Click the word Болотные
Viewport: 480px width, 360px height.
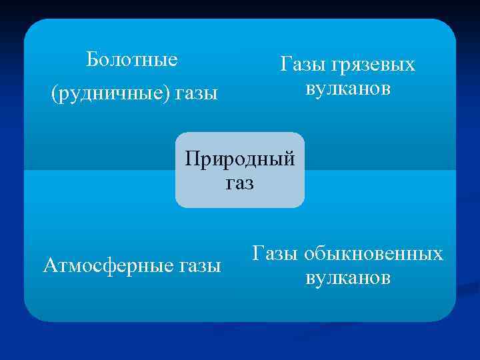(x=132, y=60)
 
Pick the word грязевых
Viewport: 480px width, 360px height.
(x=375, y=66)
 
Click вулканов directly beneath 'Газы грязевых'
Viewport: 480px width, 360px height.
(x=348, y=89)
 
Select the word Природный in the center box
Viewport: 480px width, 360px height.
(x=239, y=160)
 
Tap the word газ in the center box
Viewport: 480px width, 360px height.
(x=240, y=183)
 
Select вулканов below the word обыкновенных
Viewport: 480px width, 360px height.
(x=348, y=277)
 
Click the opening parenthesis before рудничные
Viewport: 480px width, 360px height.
(x=54, y=94)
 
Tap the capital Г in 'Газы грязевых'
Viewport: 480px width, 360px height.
(x=285, y=65)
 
